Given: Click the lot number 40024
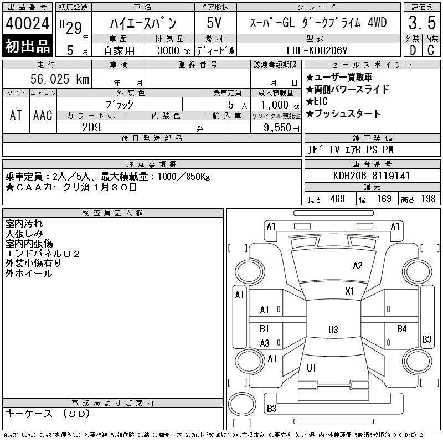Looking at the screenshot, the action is point(28,24).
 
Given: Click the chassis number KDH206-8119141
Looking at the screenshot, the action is point(372,176).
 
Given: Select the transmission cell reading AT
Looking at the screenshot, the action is point(16,115).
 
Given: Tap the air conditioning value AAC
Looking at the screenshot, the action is point(43,115).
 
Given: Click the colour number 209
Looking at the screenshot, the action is point(91,127).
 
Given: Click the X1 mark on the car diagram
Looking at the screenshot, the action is point(349,291).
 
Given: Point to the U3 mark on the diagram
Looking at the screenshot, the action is point(333,330).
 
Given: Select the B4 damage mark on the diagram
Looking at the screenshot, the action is point(402,329).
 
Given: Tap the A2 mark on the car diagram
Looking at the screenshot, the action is point(358,266).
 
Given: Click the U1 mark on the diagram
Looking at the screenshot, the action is point(311,368).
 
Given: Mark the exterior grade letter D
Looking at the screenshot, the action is point(412,50).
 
